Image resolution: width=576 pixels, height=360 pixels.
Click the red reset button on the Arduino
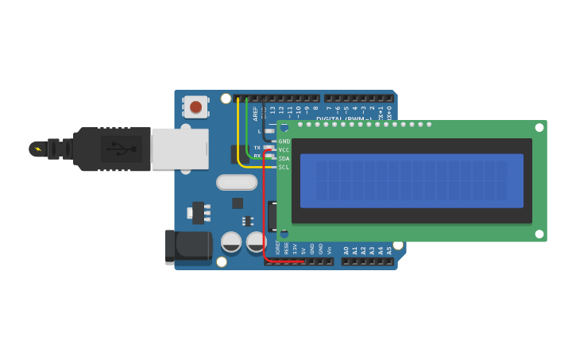point(195,106)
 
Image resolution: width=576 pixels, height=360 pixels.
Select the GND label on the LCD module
point(284,141)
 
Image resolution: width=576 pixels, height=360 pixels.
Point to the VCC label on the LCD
point(284,150)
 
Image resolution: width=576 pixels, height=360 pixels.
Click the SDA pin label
point(284,159)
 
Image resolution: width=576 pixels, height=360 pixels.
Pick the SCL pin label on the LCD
point(284,168)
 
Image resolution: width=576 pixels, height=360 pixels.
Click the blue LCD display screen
point(412,180)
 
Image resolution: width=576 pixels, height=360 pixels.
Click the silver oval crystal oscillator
point(237,183)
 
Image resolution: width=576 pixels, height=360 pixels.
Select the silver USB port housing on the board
point(180,149)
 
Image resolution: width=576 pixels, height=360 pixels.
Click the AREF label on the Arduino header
point(256,112)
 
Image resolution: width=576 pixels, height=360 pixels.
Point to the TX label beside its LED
point(257,148)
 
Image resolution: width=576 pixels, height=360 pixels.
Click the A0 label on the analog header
point(346,250)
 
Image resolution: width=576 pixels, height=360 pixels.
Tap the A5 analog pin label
point(389,250)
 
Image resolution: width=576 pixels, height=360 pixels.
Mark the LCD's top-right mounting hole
point(539,127)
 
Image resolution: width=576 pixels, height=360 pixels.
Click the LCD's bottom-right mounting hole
point(539,234)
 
